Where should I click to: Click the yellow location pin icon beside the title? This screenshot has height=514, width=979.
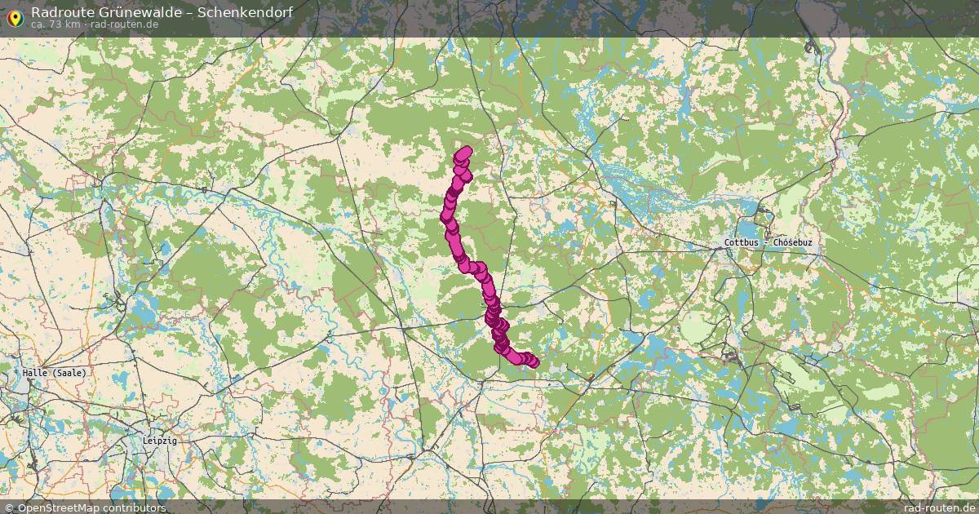click(13, 17)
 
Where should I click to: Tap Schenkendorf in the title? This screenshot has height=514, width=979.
click(247, 12)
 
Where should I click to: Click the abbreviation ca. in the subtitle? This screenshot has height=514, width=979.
click(39, 24)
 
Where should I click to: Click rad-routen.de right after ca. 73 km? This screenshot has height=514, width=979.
click(124, 24)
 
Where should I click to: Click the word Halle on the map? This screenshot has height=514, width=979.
click(36, 372)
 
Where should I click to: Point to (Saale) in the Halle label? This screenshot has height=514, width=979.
click(69, 372)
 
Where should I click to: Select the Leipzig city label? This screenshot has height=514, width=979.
click(159, 441)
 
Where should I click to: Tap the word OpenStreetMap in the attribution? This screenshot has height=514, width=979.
click(56, 507)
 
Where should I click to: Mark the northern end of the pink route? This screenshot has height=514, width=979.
click(466, 151)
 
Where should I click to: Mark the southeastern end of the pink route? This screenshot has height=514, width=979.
click(533, 362)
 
